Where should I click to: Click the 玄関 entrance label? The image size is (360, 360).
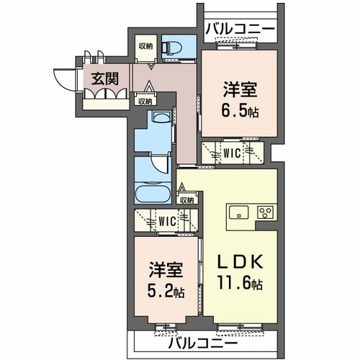pyautogui.click(x=105, y=79)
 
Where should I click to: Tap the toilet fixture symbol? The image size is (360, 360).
pyautogui.click(x=171, y=48)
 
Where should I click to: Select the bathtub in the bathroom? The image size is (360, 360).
pyautogui.click(x=153, y=193)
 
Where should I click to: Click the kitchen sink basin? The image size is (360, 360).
pyautogui.click(x=238, y=212)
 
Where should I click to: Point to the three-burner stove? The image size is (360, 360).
pyautogui.click(x=265, y=212)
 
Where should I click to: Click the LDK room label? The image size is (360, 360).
pyautogui.click(x=240, y=262)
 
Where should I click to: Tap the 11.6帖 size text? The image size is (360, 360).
pyautogui.click(x=240, y=283)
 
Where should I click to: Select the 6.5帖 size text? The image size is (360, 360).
pyautogui.click(x=240, y=112)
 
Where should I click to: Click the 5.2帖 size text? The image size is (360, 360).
pyautogui.click(x=166, y=292)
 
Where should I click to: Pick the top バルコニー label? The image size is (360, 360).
pyautogui.click(x=240, y=29)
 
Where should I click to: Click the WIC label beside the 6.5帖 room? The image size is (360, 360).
pyautogui.click(x=232, y=153)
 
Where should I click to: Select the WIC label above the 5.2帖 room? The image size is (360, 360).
pyautogui.click(x=167, y=221)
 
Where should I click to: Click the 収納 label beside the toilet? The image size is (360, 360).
pyautogui.click(x=146, y=46)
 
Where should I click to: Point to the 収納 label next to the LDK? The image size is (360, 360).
pyautogui.click(x=187, y=200)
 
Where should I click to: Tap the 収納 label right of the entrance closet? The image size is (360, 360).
pyautogui.click(x=145, y=102)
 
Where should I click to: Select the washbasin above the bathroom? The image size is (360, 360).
pyautogui.click(x=162, y=117)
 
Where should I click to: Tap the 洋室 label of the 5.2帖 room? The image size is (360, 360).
pyautogui.click(x=166, y=271)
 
